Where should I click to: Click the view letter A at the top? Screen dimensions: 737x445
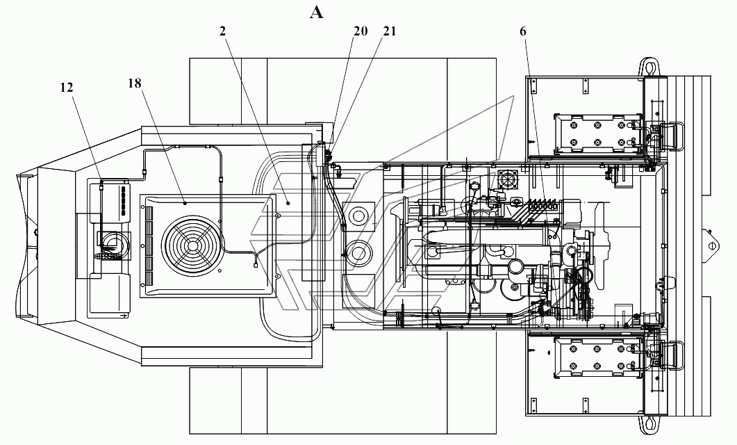click(316, 13)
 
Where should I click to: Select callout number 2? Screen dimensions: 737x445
click(222, 31)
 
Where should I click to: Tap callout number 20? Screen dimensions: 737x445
click(361, 31)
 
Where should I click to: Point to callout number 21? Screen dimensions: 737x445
click(390, 31)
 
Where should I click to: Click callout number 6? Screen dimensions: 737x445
click(523, 31)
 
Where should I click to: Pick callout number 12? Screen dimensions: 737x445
click(67, 87)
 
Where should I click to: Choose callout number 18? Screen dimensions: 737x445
click(135, 83)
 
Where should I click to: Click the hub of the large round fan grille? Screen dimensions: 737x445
click(192, 245)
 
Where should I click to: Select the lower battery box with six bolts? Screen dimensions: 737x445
click(598, 357)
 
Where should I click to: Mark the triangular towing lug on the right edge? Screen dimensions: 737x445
click(711, 245)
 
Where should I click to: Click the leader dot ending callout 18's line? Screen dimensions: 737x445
click(185, 203)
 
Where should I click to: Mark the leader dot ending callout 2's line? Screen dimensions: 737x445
click(288, 203)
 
